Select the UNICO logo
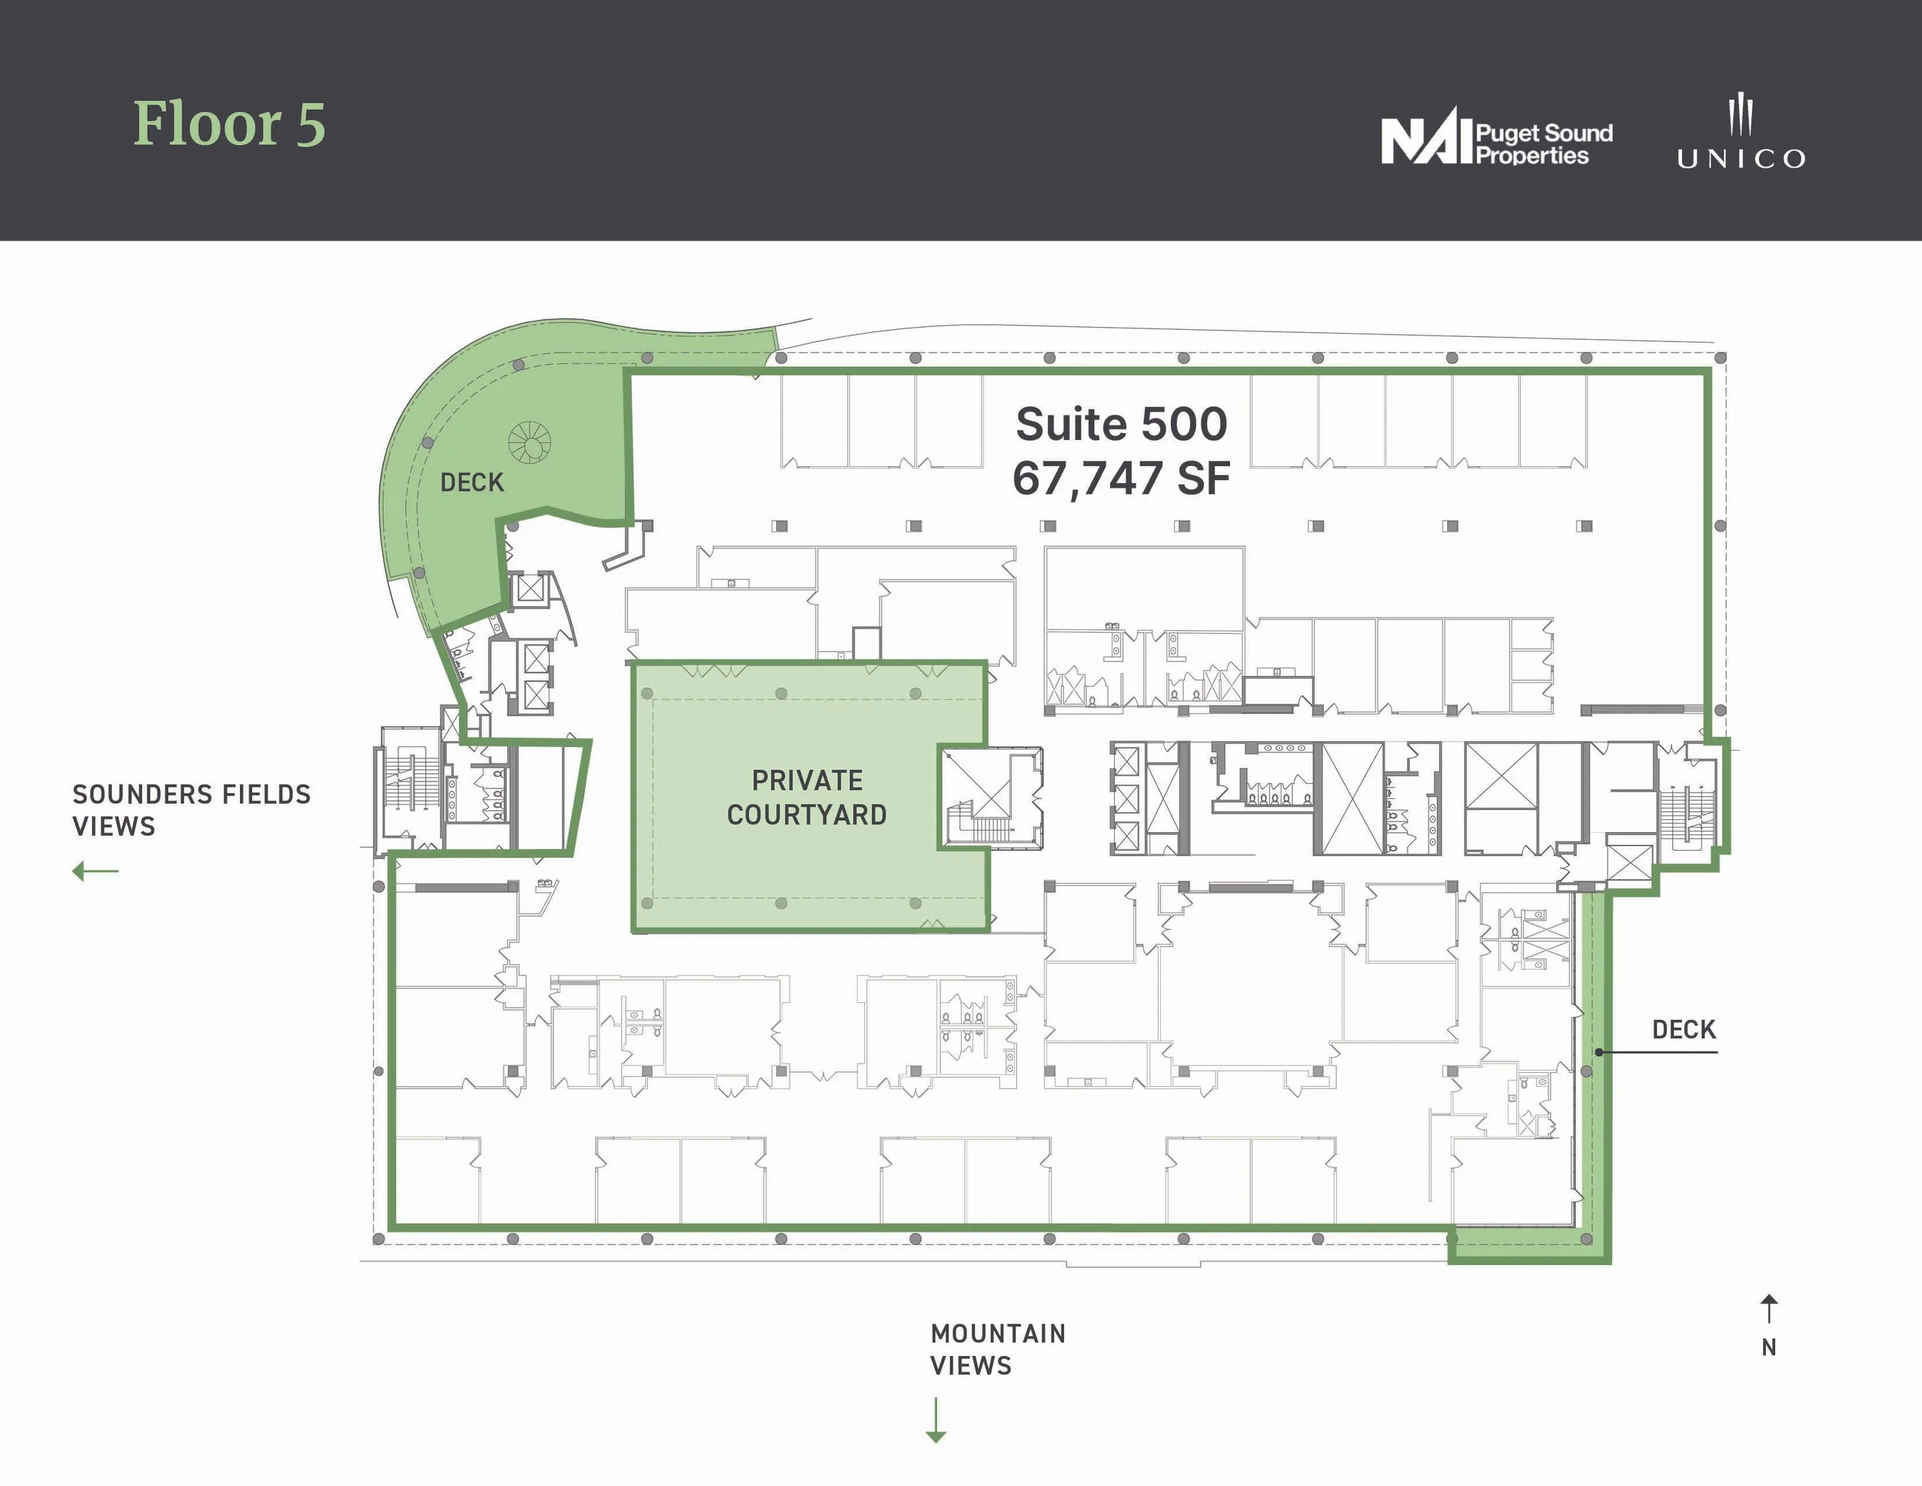1741,132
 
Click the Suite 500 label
1121,424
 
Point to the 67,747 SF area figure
1121,478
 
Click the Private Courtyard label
807,798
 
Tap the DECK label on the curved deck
472,482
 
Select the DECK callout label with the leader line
1684,1030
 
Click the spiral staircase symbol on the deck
530,442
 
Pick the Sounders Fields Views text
191,810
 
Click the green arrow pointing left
95,871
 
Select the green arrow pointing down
936,1420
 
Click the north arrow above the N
1769,1308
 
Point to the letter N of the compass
1769,1348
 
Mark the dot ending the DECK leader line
1599,1052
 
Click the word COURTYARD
807,815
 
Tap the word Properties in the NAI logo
1532,156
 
